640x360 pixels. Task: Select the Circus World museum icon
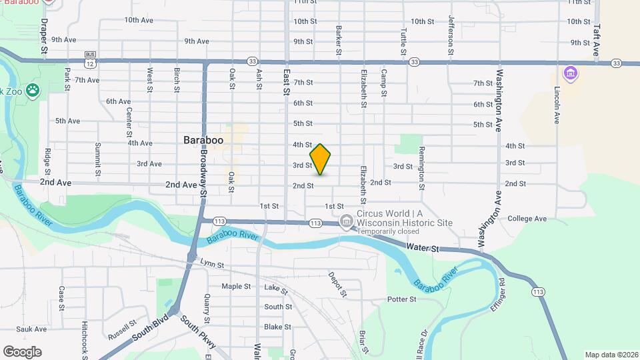pos(346,221)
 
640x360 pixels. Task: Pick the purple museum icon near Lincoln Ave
pos(570,72)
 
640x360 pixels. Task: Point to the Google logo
pos(22,351)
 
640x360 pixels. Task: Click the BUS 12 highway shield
pos(89,59)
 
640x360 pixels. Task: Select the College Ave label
pos(527,219)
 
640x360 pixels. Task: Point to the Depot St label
pos(338,285)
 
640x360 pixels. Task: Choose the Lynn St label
pos(212,265)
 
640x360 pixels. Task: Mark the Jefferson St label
pos(451,35)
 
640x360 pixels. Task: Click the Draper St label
pos(44,36)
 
